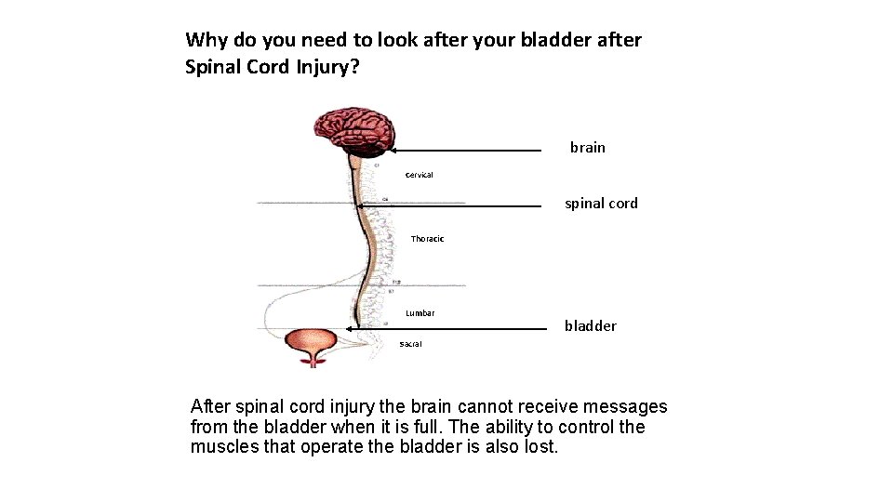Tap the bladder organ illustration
[312, 346]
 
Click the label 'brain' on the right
[587, 147]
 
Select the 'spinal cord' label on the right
[601, 204]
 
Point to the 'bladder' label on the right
[590, 325]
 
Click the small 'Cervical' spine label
[419, 175]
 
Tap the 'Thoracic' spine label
[427, 239]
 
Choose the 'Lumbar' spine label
[420, 313]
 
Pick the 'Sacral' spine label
[410, 344]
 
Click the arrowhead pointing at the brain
[393, 150]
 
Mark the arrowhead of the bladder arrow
[349, 328]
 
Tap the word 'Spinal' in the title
[212, 67]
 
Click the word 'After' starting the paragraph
[210, 407]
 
